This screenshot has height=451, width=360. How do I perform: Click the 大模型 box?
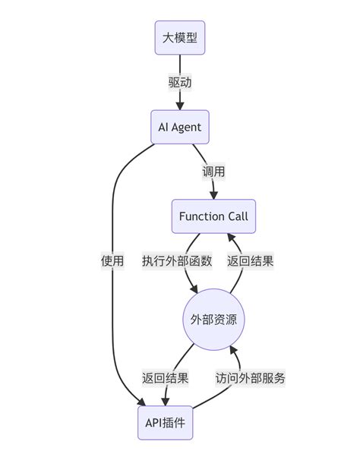[180, 37]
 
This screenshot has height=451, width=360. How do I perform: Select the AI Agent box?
[180, 127]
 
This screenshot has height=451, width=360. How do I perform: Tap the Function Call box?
[213, 217]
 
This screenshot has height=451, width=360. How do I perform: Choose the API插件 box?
[165, 421]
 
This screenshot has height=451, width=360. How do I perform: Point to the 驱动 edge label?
[180, 82]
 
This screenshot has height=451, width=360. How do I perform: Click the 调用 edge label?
[213, 172]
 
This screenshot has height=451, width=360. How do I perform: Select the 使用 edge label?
[112, 260]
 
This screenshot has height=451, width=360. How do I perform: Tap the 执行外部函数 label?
[176, 260]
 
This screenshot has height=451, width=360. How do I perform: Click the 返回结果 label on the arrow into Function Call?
[251, 260]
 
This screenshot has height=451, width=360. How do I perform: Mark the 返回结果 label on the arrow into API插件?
[165, 377]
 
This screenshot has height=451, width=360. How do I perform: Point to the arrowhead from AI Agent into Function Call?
[213, 196]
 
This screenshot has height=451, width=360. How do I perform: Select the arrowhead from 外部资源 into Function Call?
[232, 239]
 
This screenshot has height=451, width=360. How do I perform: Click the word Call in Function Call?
[235, 217]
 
